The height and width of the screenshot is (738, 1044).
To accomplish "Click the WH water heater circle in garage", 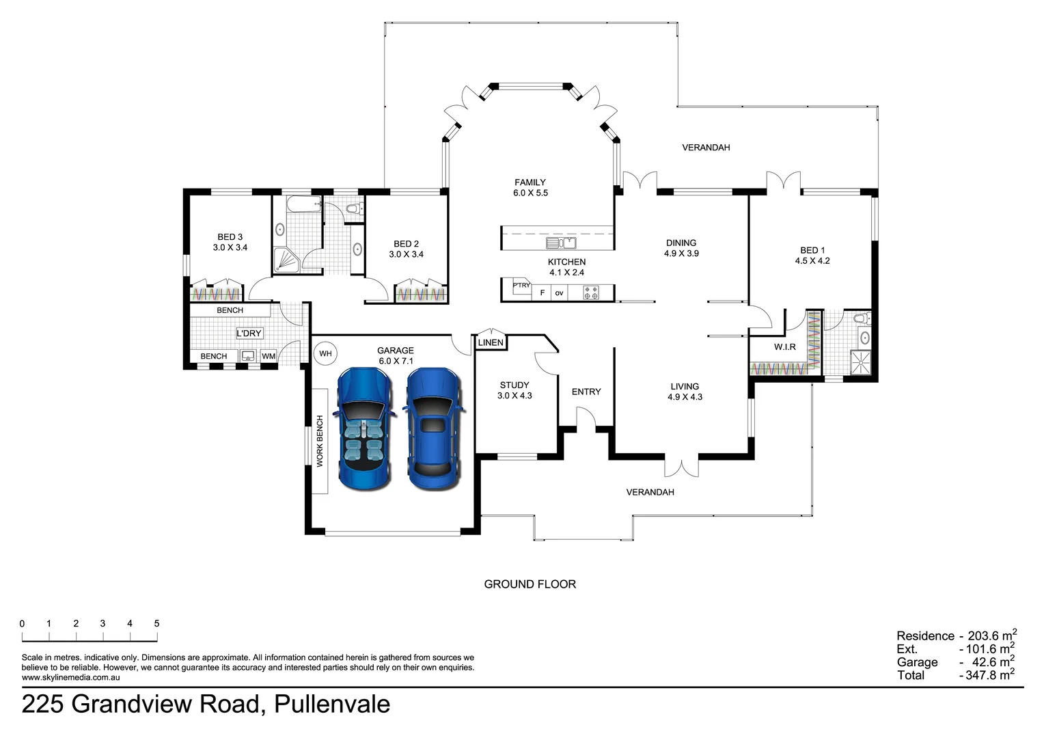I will tap(325, 353).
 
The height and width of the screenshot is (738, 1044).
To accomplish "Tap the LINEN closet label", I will tap(491, 342).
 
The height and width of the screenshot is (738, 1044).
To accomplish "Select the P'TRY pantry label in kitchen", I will tap(521, 286).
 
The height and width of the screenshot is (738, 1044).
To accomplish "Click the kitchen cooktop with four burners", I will tap(591, 292).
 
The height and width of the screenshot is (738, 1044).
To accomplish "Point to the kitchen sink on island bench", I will tap(561, 243).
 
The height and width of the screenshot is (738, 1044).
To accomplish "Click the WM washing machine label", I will tap(269, 356).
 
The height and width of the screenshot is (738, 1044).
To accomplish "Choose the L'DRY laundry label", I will tap(249, 333).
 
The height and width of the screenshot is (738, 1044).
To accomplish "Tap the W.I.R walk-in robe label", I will tap(784, 347).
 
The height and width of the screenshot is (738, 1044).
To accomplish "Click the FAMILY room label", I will tap(530, 182).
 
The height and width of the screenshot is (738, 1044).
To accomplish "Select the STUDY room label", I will tap(514, 385).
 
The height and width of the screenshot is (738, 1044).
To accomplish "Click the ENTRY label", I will tap(586, 392).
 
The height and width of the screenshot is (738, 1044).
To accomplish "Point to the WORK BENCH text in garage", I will tap(320, 441).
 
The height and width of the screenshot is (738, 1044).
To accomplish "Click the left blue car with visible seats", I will tap(363, 428).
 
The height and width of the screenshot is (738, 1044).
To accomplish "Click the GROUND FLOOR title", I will tap(530, 584).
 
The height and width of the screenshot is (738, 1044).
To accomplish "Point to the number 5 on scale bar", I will tap(156, 623).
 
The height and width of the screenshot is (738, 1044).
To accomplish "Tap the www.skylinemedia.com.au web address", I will tap(71, 677).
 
